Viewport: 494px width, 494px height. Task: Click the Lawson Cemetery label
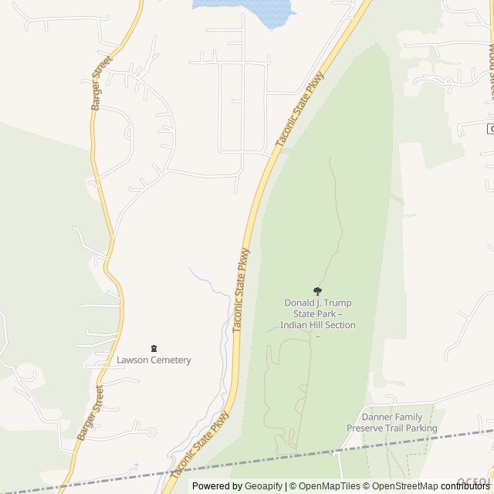154,360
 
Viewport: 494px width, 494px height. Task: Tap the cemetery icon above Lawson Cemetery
154,348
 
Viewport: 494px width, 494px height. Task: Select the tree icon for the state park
317,291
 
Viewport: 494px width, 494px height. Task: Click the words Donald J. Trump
318,303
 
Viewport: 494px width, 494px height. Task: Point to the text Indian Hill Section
318,325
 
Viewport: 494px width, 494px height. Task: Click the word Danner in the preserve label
379,418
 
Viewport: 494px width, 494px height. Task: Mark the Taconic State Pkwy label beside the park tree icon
242,289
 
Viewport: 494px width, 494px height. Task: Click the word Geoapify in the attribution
263,486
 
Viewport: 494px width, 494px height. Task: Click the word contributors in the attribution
465,486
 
